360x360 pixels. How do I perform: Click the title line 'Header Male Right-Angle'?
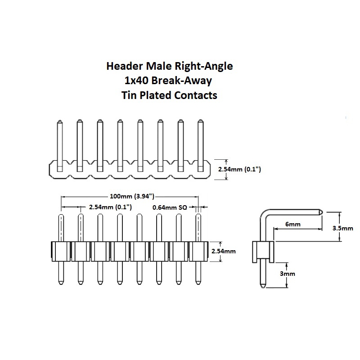[169, 67]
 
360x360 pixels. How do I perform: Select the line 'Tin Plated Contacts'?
[169, 95]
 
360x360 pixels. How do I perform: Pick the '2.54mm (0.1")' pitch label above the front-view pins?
[110, 207]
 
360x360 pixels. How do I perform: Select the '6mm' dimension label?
[293, 224]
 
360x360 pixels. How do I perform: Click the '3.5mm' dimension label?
[343, 228]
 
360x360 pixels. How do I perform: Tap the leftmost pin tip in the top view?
[59, 121]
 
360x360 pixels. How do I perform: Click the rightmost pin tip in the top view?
[200, 121]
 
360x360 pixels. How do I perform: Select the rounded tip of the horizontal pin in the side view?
[320, 211]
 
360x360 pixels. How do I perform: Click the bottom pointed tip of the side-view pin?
[262, 287]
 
